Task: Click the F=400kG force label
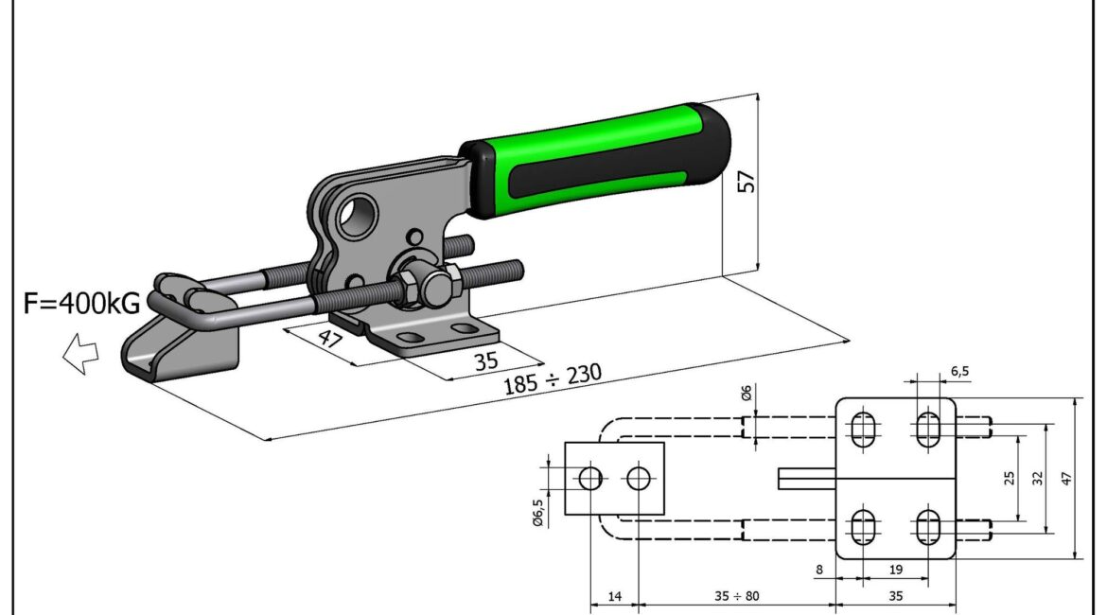coord(82,303)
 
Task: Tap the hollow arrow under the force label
coord(80,353)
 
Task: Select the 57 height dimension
coord(747,182)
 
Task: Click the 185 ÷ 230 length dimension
coord(553,378)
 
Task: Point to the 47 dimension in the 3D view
coord(329,338)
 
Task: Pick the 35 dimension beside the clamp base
coord(485,360)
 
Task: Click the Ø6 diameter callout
coord(747,394)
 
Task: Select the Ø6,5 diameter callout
coord(538,513)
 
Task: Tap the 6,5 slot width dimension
coord(959,372)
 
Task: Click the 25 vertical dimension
coord(1010,478)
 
